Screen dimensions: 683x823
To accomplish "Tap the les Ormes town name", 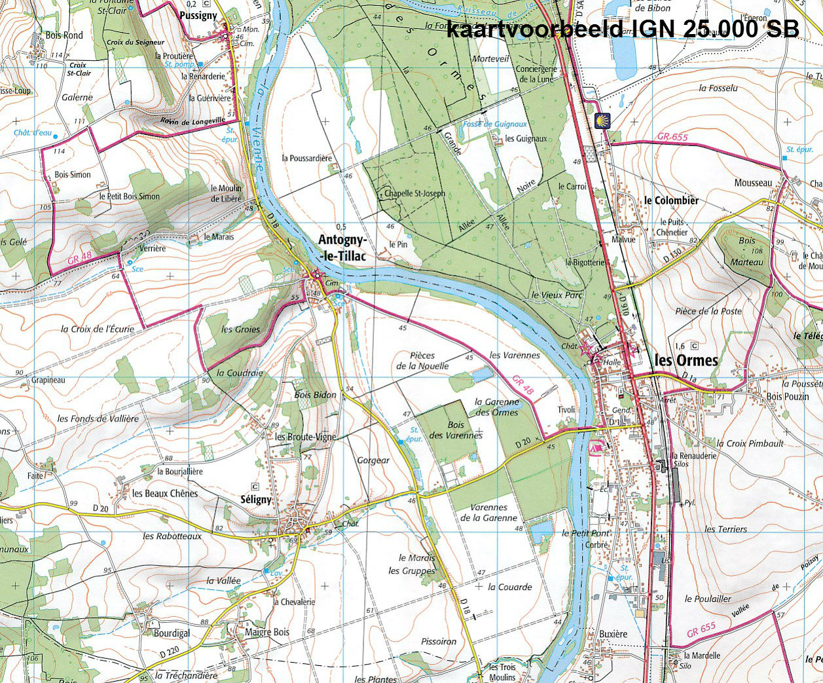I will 686,360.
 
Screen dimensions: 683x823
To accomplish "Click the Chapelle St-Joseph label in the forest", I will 414,194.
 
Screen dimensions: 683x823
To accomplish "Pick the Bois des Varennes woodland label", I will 456,430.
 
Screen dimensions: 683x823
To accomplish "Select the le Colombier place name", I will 671,200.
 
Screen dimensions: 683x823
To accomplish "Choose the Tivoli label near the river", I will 566,410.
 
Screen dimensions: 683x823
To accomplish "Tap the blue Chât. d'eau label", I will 32,133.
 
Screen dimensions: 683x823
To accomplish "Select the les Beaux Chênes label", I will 164,493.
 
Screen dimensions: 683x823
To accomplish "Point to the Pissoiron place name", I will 439,642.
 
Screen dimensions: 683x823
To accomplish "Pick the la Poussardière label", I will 307,158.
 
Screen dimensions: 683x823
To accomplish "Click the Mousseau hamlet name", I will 753,183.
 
